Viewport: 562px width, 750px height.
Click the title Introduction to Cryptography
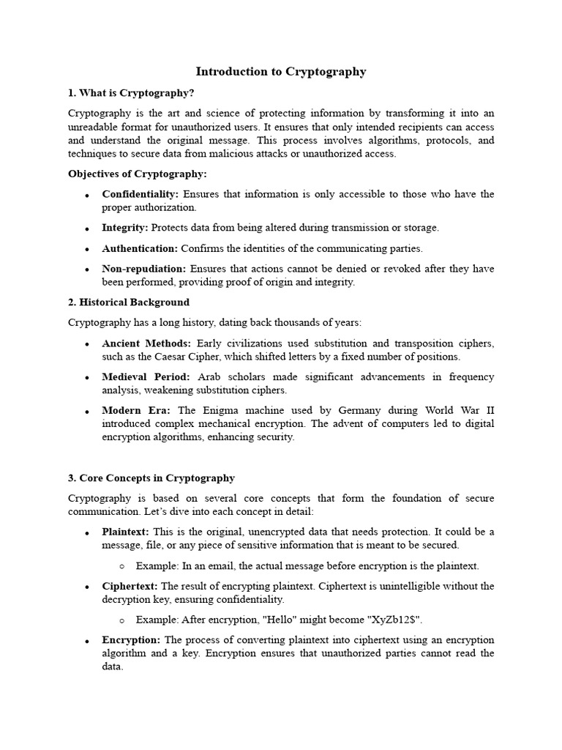click(281, 72)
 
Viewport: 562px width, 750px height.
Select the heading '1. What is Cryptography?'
click(131, 93)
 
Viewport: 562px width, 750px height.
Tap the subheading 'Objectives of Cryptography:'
click(138, 174)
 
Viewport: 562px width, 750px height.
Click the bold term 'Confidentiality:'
click(140, 194)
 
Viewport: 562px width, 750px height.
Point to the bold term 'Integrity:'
click(125, 228)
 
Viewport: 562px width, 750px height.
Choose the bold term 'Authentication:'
click(140, 248)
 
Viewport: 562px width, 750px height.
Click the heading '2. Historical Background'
click(129, 302)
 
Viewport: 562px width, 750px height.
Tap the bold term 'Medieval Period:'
click(146, 376)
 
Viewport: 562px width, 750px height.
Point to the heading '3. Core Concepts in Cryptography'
click(151, 478)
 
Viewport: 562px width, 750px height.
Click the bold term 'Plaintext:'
click(125, 532)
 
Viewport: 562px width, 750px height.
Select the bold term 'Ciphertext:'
click(130, 586)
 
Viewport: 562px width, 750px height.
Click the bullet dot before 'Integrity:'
click(86, 229)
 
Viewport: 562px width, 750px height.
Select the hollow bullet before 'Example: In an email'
click(121, 566)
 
